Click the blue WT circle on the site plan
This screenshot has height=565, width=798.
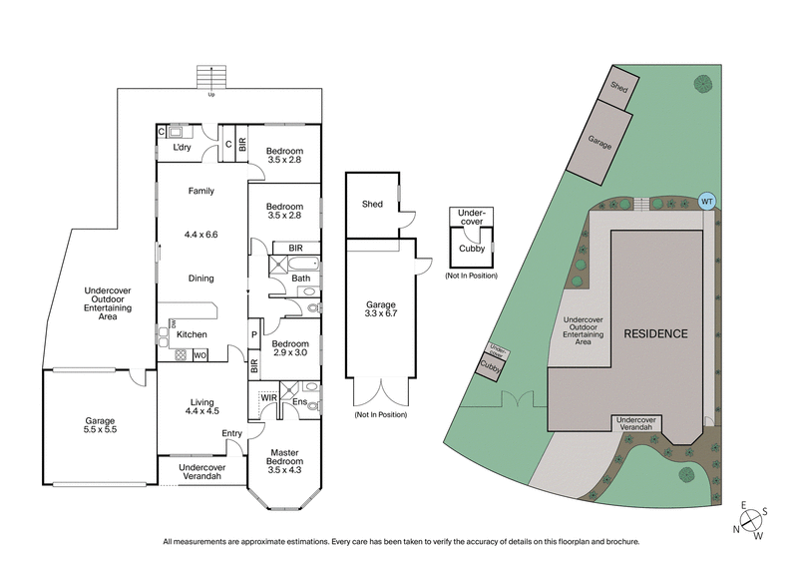coord(707,201)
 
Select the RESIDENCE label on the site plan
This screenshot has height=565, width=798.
coord(655,332)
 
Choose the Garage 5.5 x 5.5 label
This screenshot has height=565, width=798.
coord(99,426)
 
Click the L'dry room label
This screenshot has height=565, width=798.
coord(182,148)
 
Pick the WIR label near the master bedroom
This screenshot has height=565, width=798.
coord(268,396)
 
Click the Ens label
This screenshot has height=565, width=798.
coord(300,401)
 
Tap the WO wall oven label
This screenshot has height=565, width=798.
coord(199,354)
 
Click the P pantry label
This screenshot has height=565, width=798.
coord(254,334)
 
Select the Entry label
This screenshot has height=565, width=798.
coord(231,432)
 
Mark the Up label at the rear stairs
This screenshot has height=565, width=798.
coord(210,95)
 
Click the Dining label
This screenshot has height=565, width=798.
coord(200,279)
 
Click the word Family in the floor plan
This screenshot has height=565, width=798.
coord(200,191)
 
